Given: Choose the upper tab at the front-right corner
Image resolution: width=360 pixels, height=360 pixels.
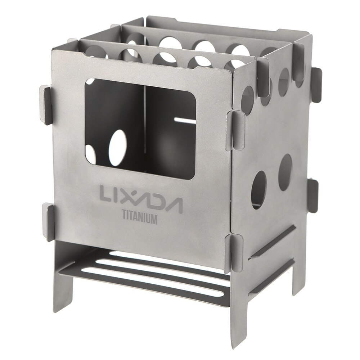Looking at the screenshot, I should pos(234,130).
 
